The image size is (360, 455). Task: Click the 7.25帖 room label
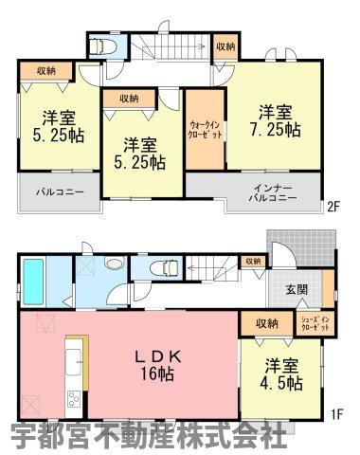[x=276, y=120]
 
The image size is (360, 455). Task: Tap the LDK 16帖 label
[x=157, y=366]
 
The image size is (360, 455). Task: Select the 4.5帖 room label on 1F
[x=281, y=374]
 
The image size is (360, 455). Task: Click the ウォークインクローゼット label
[x=206, y=129]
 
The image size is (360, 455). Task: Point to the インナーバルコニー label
[x=273, y=193]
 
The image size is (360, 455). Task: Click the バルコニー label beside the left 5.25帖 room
[x=60, y=191]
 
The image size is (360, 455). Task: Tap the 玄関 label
[x=297, y=289]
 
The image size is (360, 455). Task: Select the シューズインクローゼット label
[x=315, y=323]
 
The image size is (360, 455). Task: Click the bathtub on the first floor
[x=33, y=282]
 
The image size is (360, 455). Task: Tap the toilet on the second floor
[x=103, y=46]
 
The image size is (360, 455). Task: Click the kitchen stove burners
[x=74, y=399]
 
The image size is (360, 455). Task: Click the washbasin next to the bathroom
[x=114, y=264]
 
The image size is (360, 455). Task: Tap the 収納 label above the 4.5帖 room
[x=267, y=323]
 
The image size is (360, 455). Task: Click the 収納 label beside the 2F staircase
[x=225, y=46]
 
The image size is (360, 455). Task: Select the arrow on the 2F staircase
[x=173, y=47]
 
